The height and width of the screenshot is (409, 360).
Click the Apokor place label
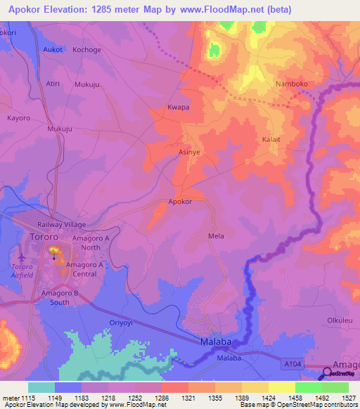pos(180,202)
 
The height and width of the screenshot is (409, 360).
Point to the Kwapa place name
pos(179,108)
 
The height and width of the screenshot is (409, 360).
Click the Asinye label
pos(189,152)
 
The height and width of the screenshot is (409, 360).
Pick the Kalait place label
pos(271,140)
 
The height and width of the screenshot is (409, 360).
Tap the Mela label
pos(216,236)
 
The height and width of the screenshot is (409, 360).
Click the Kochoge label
pos(87,51)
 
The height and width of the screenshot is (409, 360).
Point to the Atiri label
pos(53,83)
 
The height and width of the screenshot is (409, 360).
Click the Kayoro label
pos(18,118)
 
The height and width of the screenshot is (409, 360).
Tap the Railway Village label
pos(61,225)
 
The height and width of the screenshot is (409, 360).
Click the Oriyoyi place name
pos(121,323)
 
